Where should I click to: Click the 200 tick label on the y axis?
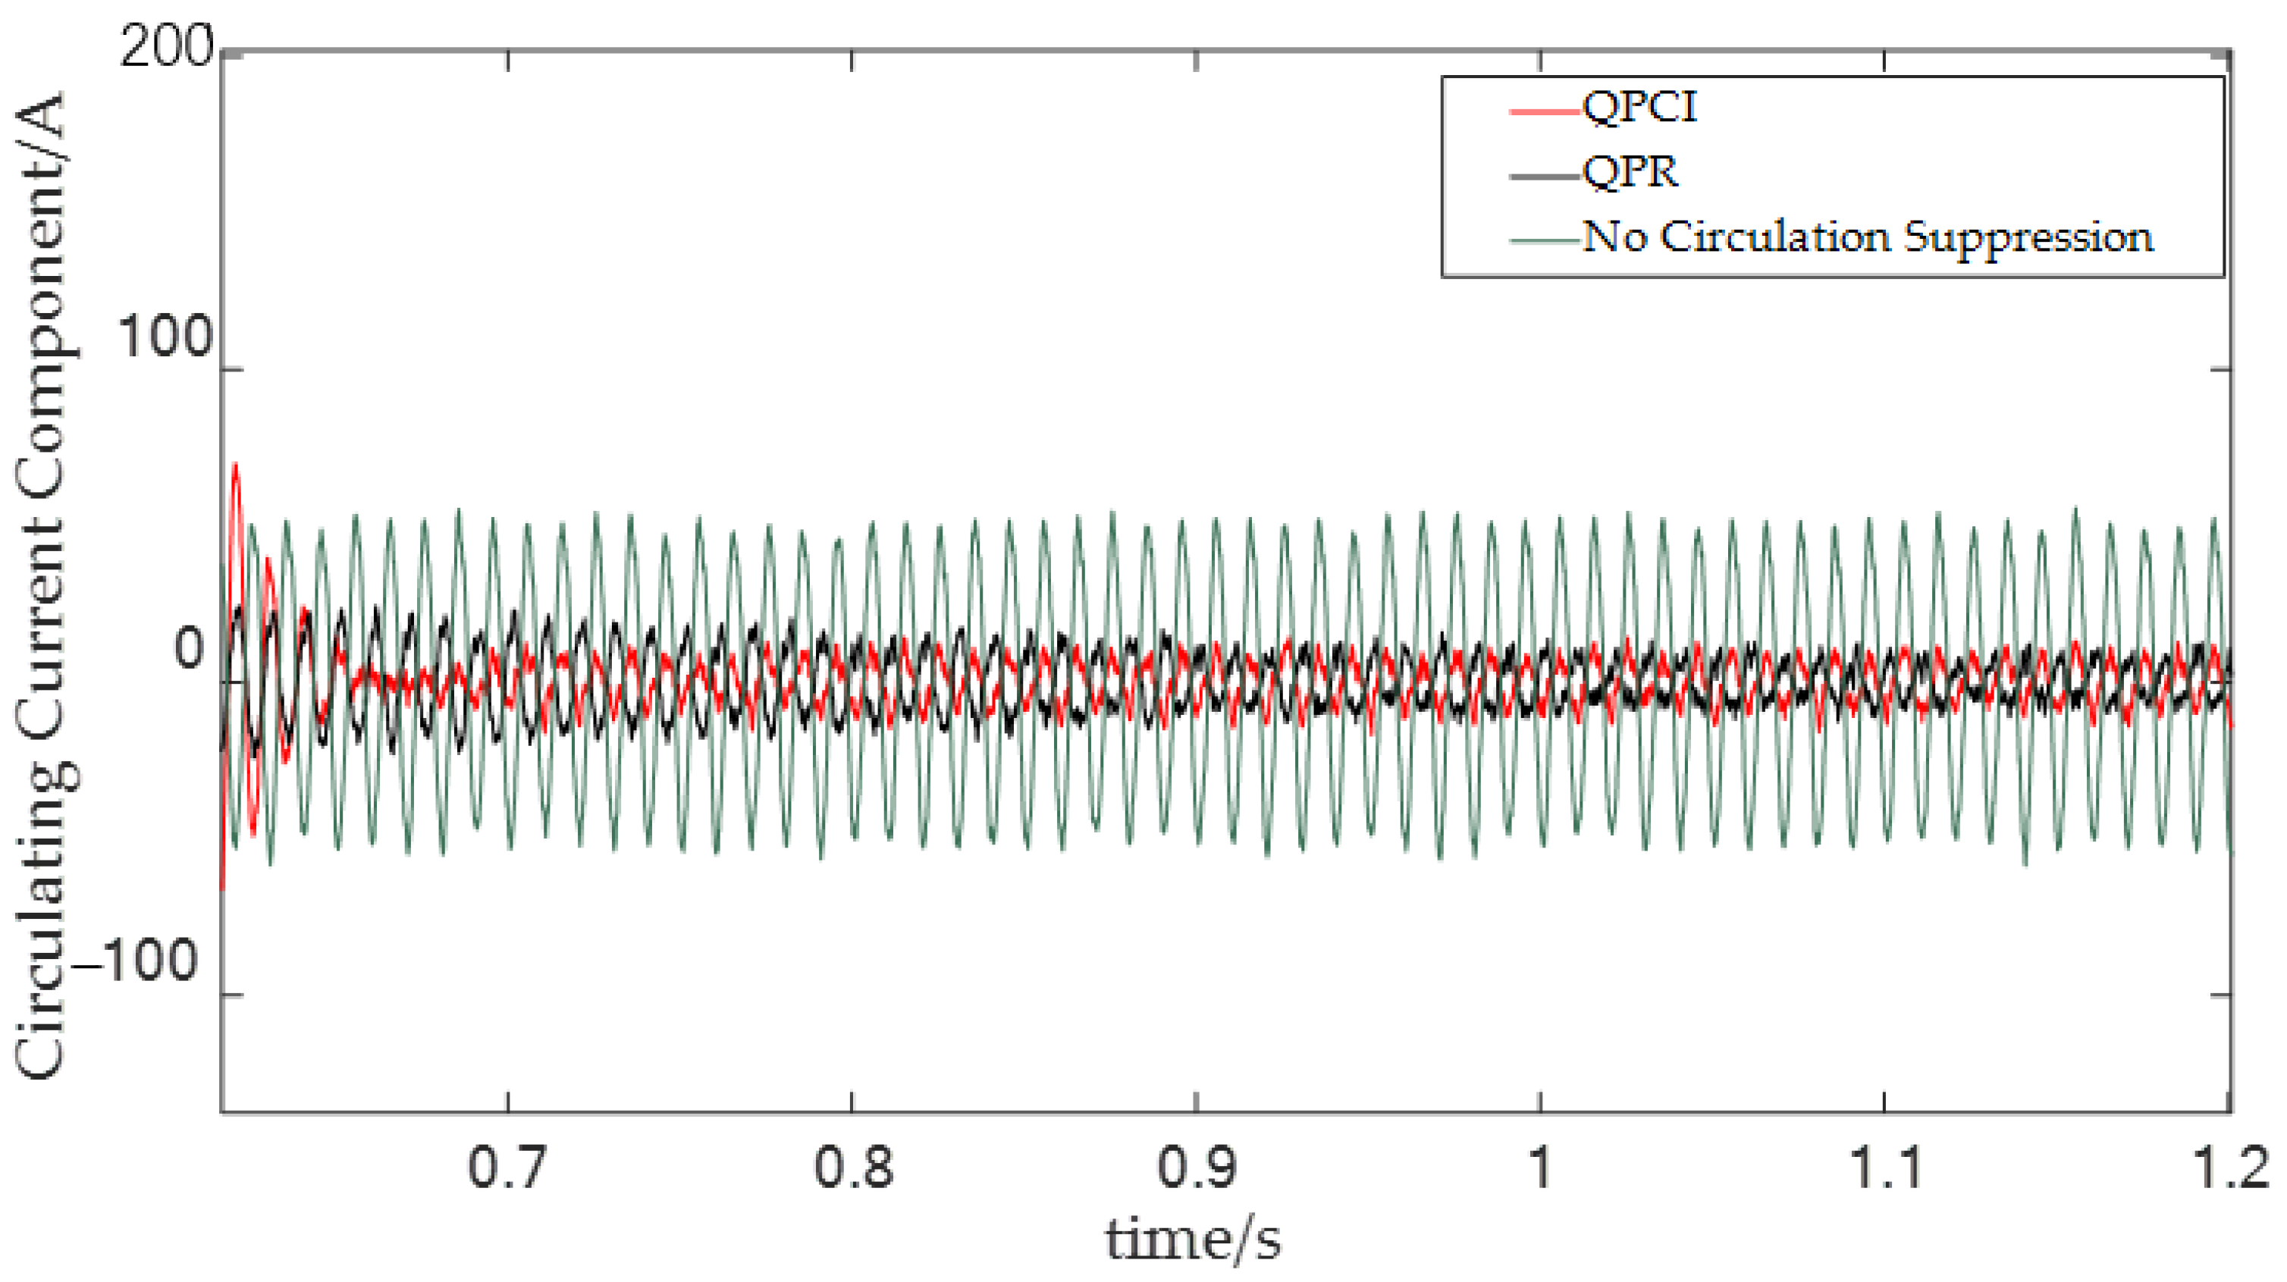coord(167,46)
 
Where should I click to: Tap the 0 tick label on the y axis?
coord(189,648)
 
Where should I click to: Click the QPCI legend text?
coord(1639,108)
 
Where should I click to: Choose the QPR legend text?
coord(1631,171)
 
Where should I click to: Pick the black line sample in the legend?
coord(1545,176)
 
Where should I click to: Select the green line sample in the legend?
coord(1545,240)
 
